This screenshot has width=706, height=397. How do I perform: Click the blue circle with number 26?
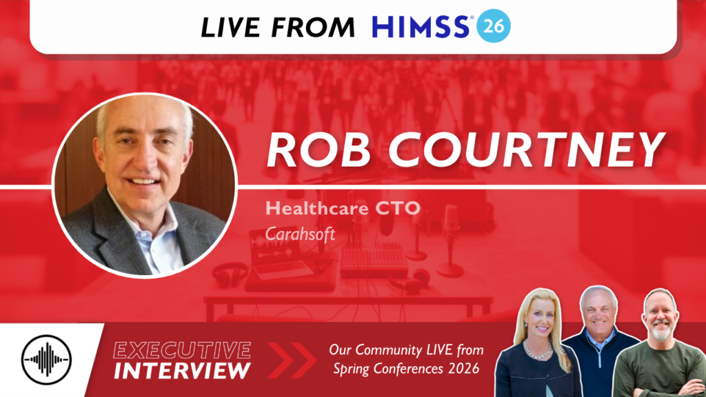[x=494, y=27]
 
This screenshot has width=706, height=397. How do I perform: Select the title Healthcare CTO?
[x=343, y=208]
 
